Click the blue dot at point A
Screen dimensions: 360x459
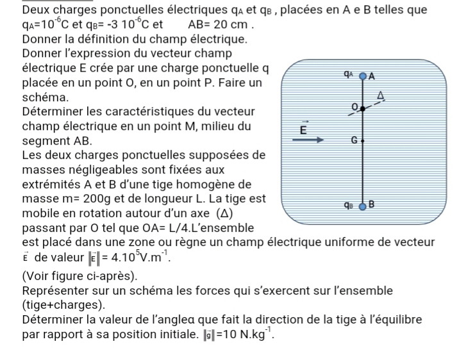(362, 76)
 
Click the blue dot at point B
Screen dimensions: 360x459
(362, 206)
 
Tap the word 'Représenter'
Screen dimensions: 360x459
(57, 290)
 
